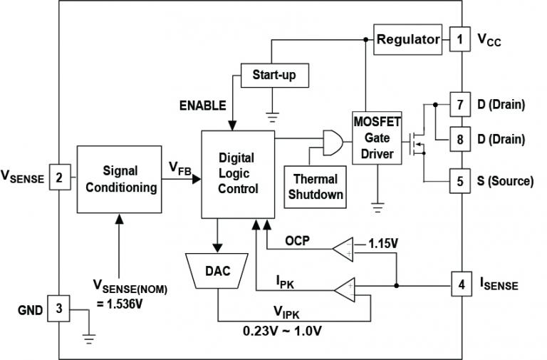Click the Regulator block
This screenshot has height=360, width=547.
point(407,39)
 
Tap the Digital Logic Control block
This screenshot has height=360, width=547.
point(238,174)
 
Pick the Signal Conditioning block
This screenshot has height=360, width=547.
point(120,179)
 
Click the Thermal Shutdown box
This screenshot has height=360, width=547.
point(316,186)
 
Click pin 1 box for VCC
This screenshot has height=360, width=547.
point(460,40)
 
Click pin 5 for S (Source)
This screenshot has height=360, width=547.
point(460,181)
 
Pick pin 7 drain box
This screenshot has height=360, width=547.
point(460,104)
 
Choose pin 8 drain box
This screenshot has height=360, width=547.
point(460,138)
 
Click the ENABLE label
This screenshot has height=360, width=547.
point(202,106)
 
